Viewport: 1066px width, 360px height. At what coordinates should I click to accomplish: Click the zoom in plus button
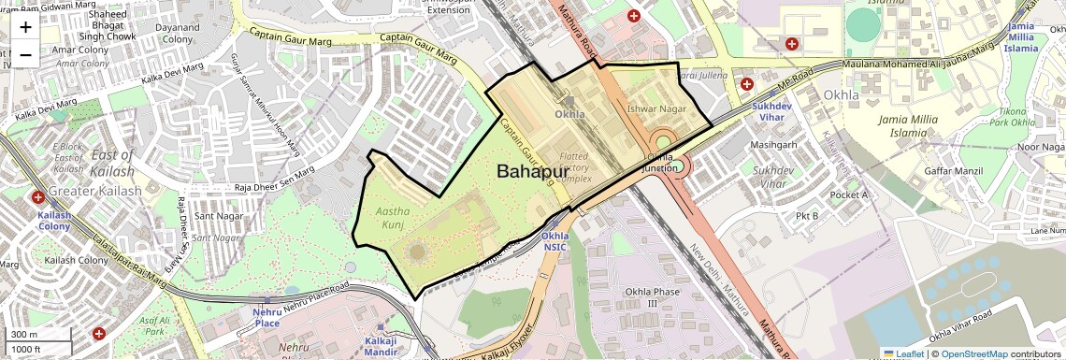coord(25,26)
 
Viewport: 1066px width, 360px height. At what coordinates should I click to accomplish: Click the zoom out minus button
coord(25,54)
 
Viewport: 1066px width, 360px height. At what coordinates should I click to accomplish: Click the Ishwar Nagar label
coord(657,109)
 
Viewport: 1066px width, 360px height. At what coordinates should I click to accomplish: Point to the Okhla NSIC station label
coord(555,241)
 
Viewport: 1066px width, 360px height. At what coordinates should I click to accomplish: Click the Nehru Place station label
coord(267,317)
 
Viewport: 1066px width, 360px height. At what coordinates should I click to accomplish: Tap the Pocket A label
coord(849,194)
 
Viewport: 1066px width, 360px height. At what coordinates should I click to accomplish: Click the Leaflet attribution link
coord(903,353)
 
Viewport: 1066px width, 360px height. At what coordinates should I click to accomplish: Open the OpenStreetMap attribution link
coord(974,353)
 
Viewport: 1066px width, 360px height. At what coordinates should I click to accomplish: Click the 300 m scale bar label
coord(25,335)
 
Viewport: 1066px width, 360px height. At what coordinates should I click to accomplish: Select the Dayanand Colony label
coord(177,34)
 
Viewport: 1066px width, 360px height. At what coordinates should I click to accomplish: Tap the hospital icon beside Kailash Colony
coord(38,198)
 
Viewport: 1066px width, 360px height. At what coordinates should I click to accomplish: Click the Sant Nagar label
coord(216,216)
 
